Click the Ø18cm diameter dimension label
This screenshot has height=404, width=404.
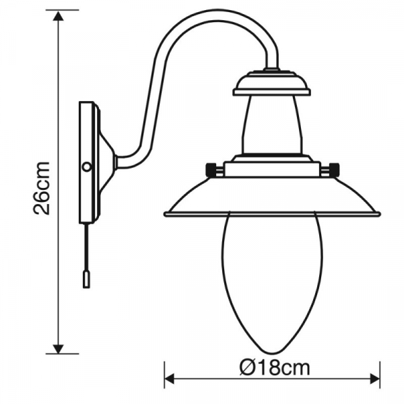pos(274,368)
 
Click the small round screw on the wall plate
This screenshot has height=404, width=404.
pos(86,166)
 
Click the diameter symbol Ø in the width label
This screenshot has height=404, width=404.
pos(246,368)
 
